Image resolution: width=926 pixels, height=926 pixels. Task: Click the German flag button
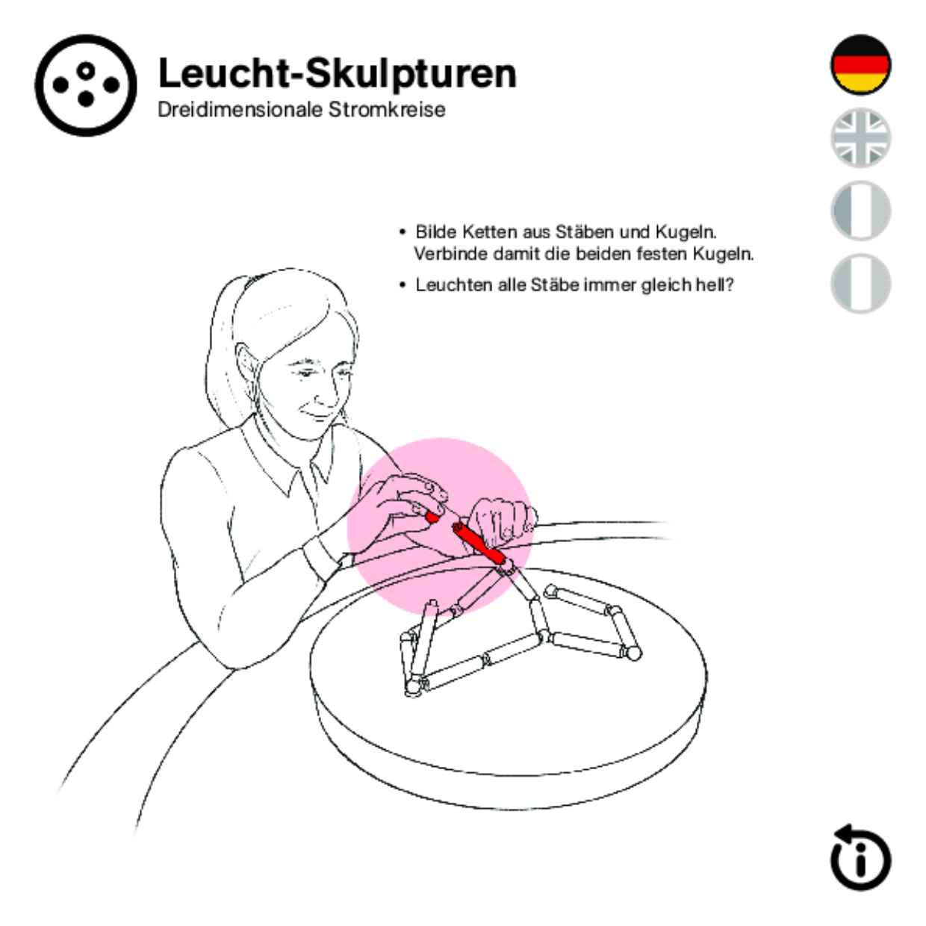860,65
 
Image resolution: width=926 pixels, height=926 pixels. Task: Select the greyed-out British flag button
860,138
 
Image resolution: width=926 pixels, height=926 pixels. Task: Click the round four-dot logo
86,86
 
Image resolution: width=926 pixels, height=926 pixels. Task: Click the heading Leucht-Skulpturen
338,73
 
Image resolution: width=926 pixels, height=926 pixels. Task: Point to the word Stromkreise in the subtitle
387,110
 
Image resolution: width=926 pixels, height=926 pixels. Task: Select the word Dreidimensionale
240,110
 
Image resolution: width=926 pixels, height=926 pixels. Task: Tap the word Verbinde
451,253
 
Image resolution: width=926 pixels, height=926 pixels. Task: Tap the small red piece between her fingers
432,517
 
